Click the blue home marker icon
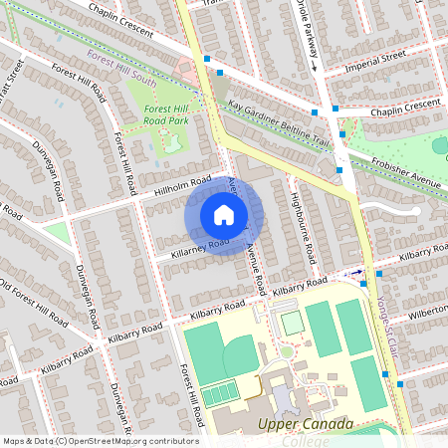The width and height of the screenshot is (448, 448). [224, 214]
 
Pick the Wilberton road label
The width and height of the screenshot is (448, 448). [427, 312]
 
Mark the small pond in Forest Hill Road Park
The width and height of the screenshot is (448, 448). [171, 142]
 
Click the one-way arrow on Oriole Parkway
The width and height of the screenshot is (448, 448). [312, 68]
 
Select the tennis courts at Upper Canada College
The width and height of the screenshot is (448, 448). [221, 395]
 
